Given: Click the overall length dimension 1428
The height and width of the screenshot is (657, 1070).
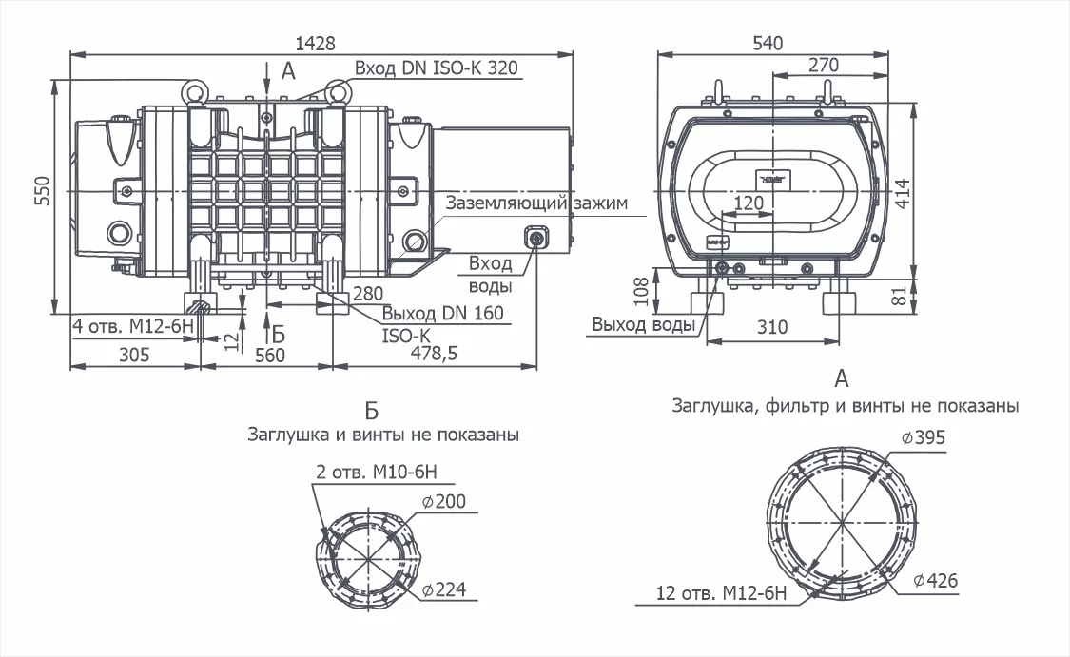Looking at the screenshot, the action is coord(315,43).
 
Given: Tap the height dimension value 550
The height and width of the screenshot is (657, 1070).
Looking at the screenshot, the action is coord(42,191).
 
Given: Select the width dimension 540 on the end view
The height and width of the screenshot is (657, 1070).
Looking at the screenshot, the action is coord(768,43).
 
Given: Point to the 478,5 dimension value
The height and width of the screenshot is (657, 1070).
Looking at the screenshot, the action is coord(434,353).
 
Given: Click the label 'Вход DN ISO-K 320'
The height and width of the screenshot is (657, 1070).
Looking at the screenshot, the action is coord(436,68).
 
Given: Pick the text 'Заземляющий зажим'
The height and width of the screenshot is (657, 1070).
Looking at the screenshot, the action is coord(536,203).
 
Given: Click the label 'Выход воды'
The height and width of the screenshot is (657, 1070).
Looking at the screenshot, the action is coord(643,324).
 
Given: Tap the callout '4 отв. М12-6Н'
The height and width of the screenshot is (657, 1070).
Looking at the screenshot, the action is coord(133,326).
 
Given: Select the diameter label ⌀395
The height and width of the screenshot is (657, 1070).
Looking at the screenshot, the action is coord(924,437).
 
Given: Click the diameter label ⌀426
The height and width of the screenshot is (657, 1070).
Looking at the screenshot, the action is coord(936,581).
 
